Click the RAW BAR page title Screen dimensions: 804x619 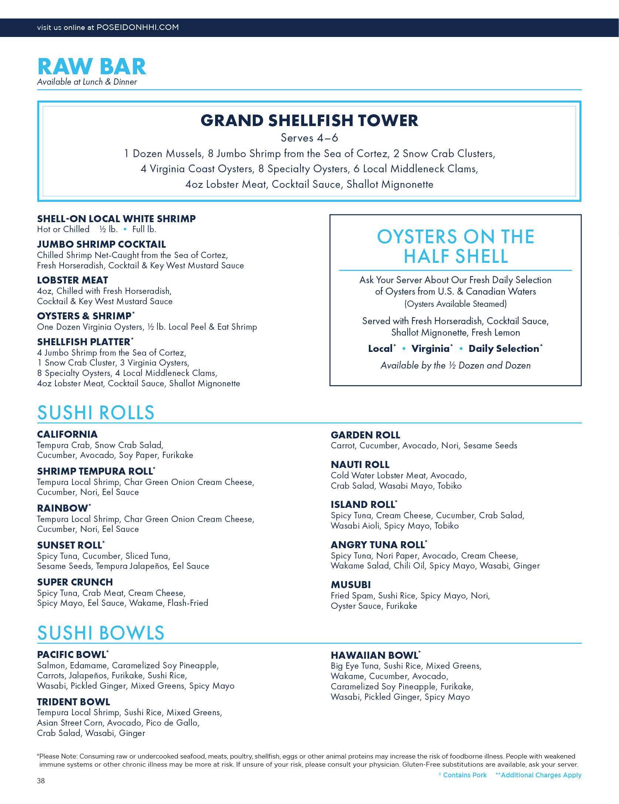[x=92, y=67]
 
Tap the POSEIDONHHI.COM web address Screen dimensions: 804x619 [x=137, y=27]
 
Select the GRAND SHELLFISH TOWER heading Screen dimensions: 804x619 [x=309, y=121]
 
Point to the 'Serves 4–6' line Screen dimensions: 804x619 [x=309, y=138]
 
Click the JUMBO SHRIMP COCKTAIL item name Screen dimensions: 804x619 [x=101, y=244]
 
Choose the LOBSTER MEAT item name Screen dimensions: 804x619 [x=72, y=280]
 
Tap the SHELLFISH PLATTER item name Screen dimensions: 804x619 [x=84, y=342]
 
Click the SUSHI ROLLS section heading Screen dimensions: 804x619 [x=96, y=413]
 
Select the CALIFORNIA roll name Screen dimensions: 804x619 [x=67, y=434]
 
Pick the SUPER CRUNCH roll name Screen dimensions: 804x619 [x=75, y=582]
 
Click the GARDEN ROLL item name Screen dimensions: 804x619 [x=365, y=435]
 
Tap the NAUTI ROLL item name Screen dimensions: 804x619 [x=360, y=465]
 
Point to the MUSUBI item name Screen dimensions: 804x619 [x=351, y=585]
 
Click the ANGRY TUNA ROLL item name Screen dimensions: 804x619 [x=378, y=545]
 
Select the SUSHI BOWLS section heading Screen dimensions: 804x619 [x=101, y=633]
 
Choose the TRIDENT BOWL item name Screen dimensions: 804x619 [x=74, y=702]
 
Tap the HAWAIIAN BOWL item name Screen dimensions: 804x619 [x=374, y=655]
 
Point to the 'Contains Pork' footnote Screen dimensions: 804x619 [x=465, y=775]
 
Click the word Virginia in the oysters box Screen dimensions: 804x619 [x=430, y=349]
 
